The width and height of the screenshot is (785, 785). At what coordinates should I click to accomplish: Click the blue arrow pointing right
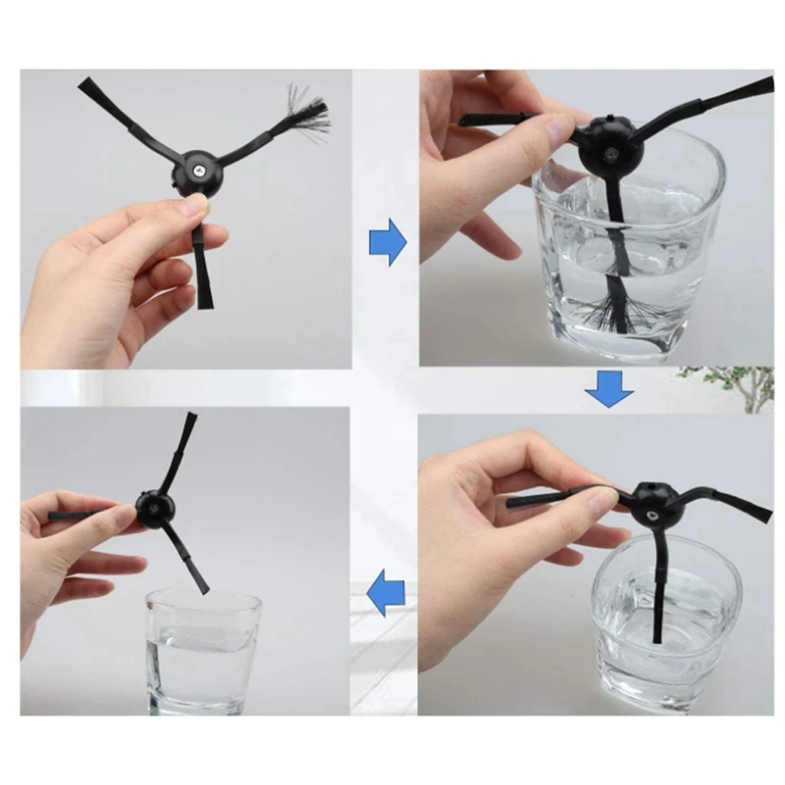coord(388,242)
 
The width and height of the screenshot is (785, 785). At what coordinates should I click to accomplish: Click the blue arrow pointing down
coord(609,390)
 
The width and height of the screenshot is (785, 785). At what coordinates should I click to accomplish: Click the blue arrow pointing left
coord(386,595)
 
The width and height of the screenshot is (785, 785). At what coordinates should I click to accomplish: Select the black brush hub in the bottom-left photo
coord(156,506)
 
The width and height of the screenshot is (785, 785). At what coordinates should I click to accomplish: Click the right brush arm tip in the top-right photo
coord(756,87)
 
